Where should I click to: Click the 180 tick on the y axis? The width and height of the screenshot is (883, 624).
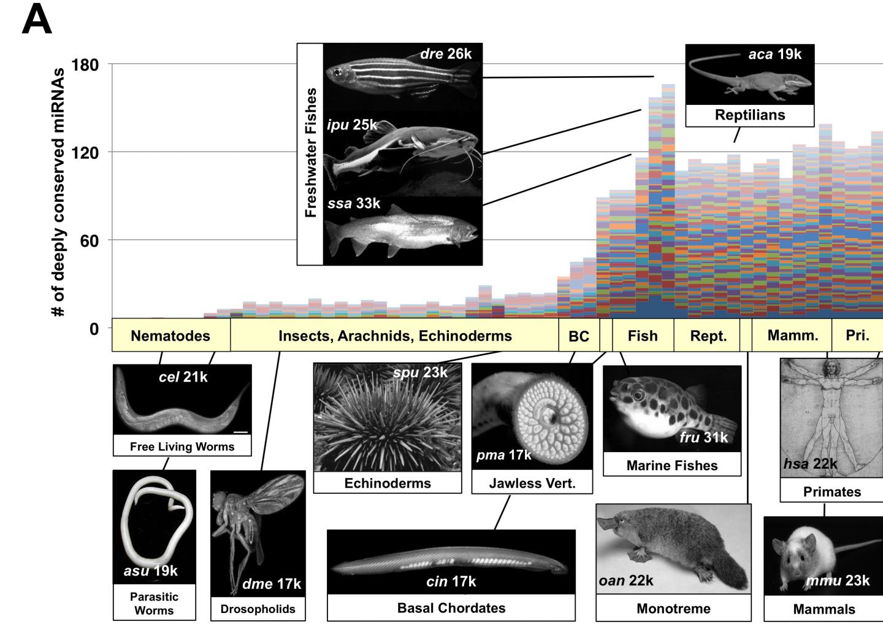(85, 64)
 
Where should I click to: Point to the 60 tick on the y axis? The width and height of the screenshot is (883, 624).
(89, 241)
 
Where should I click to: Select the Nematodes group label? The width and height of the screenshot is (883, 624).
(170, 336)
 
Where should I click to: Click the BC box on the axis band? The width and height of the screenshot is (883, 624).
(578, 336)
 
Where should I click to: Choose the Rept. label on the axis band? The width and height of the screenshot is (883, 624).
(708, 336)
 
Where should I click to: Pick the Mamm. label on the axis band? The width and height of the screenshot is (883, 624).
(793, 335)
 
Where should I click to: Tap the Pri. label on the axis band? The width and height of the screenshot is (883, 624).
(857, 335)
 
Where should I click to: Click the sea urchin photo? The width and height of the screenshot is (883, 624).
(387, 417)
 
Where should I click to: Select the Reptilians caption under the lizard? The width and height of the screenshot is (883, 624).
(749, 115)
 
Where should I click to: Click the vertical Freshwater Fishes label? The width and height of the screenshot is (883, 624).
(310, 152)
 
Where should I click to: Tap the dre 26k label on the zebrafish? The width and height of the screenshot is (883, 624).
(446, 54)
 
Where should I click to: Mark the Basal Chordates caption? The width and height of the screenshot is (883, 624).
(451, 608)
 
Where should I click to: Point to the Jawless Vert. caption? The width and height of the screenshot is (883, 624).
(532, 483)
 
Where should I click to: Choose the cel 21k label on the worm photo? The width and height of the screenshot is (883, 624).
(183, 377)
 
